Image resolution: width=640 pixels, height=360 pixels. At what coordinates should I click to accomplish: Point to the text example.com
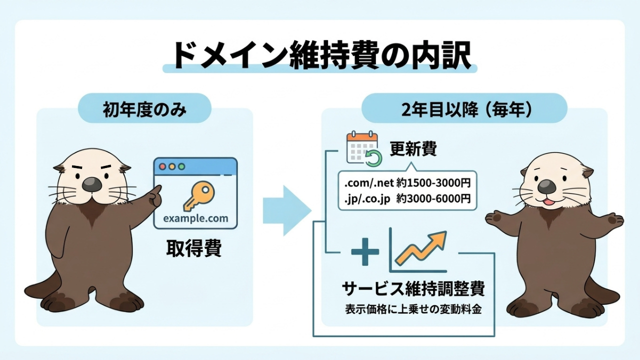tap(195, 218)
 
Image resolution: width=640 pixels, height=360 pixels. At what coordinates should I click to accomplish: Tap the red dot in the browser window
tap(162, 166)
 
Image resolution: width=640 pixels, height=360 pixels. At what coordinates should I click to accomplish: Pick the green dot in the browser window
tap(181, 166)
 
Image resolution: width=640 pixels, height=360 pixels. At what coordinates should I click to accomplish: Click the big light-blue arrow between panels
tap(287, 210)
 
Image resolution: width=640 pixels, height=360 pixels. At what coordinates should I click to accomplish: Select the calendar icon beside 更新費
tap(364, 149)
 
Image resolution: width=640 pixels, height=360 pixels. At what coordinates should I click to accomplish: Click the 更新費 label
tap(413, 149)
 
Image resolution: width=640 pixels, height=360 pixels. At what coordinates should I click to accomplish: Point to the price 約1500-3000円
tap(433, 182)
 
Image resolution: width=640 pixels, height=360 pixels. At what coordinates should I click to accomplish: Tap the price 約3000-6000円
tap(433, 198)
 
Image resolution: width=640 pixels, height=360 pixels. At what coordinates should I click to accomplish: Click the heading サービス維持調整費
tap(413, 288)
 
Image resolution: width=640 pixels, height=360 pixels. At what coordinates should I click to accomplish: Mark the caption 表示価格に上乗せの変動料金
tap(413, 309)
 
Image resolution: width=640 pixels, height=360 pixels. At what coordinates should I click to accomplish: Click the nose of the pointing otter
tap(91, 184)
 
